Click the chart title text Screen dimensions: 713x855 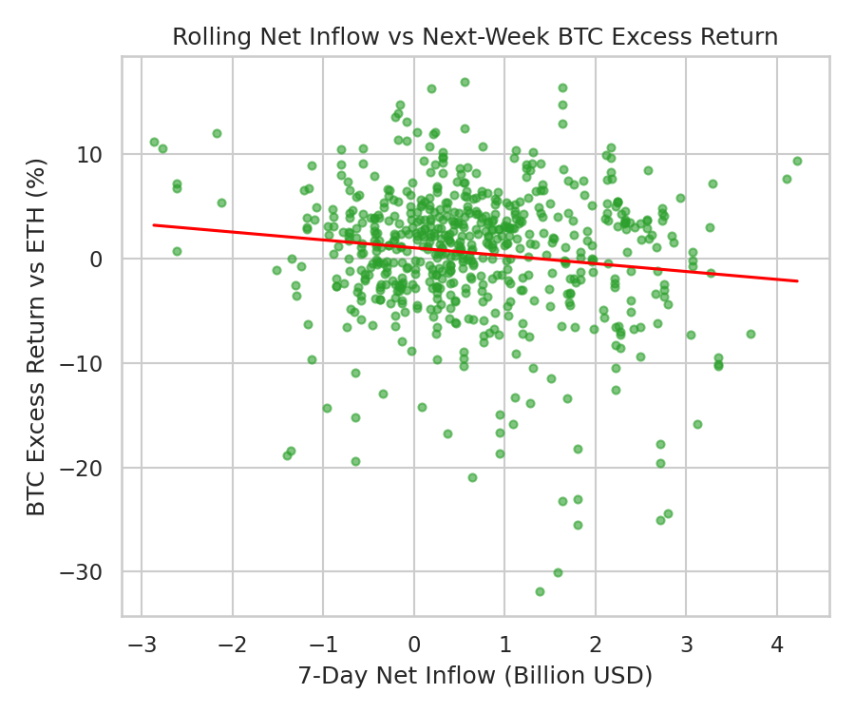pos(475,37)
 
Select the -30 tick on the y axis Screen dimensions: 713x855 pos(89,572)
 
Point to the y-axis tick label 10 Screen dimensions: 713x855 pos(97,154)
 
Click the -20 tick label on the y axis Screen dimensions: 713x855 pos(89,468)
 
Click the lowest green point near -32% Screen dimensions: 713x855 pos(540,591)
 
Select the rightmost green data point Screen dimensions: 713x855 pos(797,161)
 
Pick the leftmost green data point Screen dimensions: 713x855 pos(154,142)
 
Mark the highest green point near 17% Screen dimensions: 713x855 pos(465,82)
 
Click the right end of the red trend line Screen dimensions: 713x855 pos(797,281)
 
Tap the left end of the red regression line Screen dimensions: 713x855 pos(154,225)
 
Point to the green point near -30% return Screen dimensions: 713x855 pos(558,572)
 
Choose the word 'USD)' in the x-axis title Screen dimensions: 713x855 pos(626,676)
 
